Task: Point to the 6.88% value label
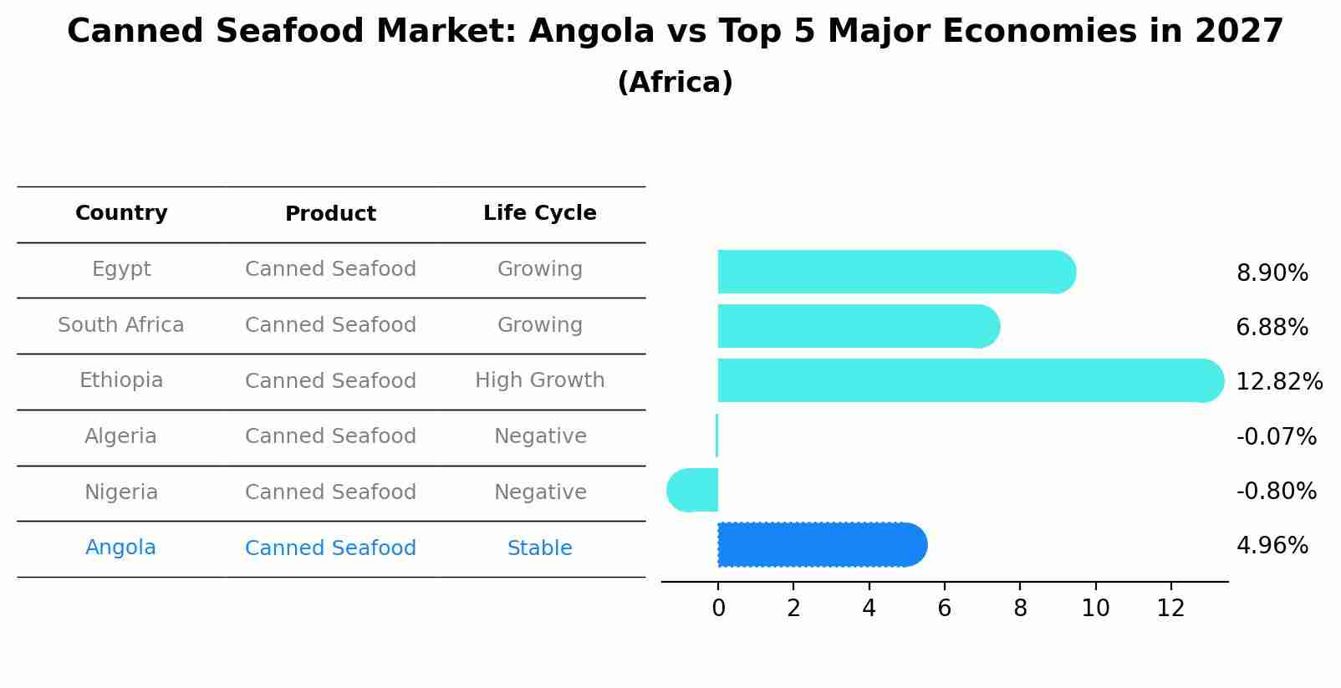coord(1272,328)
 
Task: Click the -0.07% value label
coord(1276,436)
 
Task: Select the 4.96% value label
coord(1272,546)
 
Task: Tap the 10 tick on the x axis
coord(1095,609)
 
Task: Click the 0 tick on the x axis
coord(718,609)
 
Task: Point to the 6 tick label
coord(944,609)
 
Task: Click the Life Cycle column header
coord(539,213)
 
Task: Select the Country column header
coord(121,213)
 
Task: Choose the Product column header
coord(330,214)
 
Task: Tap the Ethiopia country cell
coord(121,380)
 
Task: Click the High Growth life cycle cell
coord(539,380)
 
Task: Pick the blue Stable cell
coord(539,548)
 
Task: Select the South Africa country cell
coord(121,325)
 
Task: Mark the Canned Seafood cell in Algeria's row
coord(330,436)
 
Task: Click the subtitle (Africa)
coord(675,83)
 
